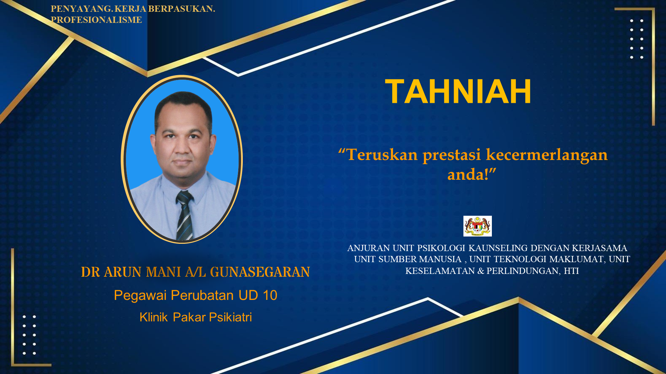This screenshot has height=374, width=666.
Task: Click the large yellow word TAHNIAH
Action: [458, 91]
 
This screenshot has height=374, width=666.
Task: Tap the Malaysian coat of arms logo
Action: [478, 226]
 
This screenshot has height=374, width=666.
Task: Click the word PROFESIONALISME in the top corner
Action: [96, 20]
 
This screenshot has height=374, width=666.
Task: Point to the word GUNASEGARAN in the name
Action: [260, 272]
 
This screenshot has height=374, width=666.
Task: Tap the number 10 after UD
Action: [270, 295]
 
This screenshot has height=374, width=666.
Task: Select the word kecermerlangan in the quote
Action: [547, 155]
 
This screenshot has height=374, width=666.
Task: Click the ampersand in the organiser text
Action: [481, 271]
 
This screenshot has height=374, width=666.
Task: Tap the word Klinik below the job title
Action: [154, 317]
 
